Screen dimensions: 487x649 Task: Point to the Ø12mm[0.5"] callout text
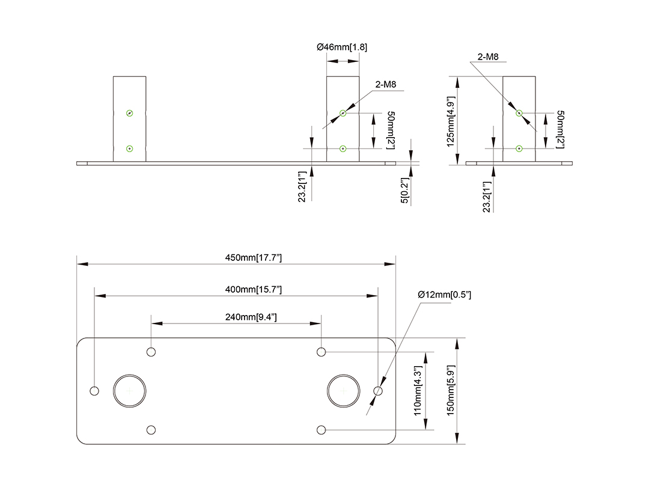(x=445, y=295)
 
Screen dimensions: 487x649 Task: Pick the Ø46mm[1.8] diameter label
(x=342, y=47)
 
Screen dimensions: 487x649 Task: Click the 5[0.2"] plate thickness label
(x=406, y=191)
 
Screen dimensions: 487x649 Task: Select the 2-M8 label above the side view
(x=488, y=57)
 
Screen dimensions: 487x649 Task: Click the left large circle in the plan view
(x=130, y=391)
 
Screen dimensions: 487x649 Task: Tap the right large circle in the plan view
(x=343, y=391)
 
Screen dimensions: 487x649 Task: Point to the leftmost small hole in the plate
(x=94, y=391)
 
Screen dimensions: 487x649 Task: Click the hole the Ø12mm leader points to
(x=378, y=391)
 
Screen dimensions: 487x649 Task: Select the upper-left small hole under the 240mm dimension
(x=151, y=352)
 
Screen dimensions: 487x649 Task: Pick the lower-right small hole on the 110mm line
(x=322, y=430)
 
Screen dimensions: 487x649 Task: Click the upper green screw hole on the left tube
(x=129, y=113)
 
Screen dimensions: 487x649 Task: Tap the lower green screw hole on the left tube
(x=129, y=149)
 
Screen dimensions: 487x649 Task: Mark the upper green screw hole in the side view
(x=519, y=112)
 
